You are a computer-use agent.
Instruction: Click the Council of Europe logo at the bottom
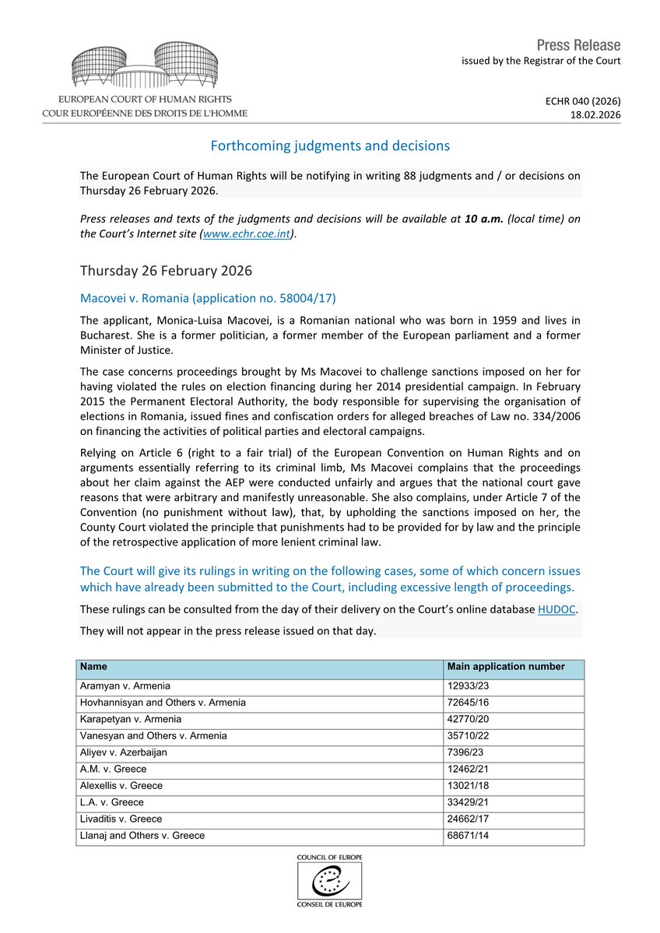[x=329, y=880]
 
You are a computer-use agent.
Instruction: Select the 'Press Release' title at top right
[x=579, y=44]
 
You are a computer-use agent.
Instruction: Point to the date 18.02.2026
[x=595, y=114]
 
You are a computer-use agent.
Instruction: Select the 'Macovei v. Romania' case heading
[x=208, y=298]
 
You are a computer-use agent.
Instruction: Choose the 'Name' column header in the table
[x=93, y=667]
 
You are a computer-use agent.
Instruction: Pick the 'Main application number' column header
[x=506, y=667]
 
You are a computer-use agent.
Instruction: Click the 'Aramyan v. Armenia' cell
[x=125, y=686]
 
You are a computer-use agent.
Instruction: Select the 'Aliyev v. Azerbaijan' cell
[x=124, y=752]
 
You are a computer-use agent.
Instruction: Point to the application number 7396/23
[x=465, y=752]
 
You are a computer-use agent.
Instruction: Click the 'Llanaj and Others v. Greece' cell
[x=142, y=836]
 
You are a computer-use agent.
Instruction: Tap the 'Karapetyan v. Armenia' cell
[x=131, y=719]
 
